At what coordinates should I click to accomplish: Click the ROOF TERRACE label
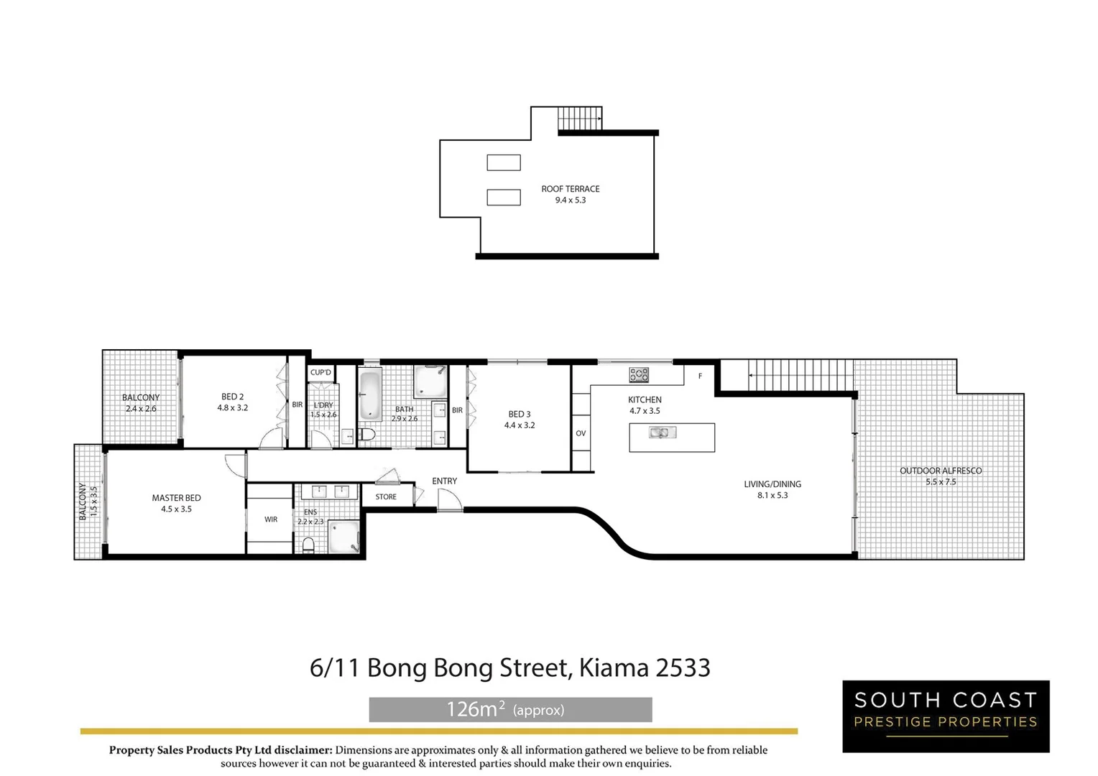tap(570, 189)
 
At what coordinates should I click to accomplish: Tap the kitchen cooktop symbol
tap(639, 374)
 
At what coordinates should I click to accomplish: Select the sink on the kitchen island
tap(661, 433)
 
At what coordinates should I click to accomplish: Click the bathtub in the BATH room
tap(370, 394)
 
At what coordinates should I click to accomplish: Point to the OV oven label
tap(581, 433)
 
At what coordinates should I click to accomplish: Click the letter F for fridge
tap(700, 376)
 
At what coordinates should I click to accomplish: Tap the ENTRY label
tap(444, 481)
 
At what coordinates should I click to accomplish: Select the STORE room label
tap(386, 496)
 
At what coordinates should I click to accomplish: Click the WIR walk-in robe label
tap(271, 519)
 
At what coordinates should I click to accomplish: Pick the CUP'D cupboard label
tap(320, 372)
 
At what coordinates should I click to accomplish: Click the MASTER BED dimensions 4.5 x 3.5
tap(176, 509)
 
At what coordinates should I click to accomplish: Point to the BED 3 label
tap(519, 414)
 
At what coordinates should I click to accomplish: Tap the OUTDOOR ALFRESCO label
tap(941, 471)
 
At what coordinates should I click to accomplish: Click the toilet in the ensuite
tap(308, 545)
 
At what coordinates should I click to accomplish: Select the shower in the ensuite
tap(343, 537)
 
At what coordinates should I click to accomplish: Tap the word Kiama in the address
tap(613, 668)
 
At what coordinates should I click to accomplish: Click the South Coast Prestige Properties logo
tap(946, 716)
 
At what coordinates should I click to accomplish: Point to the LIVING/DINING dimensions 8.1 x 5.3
tap(772, 495)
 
